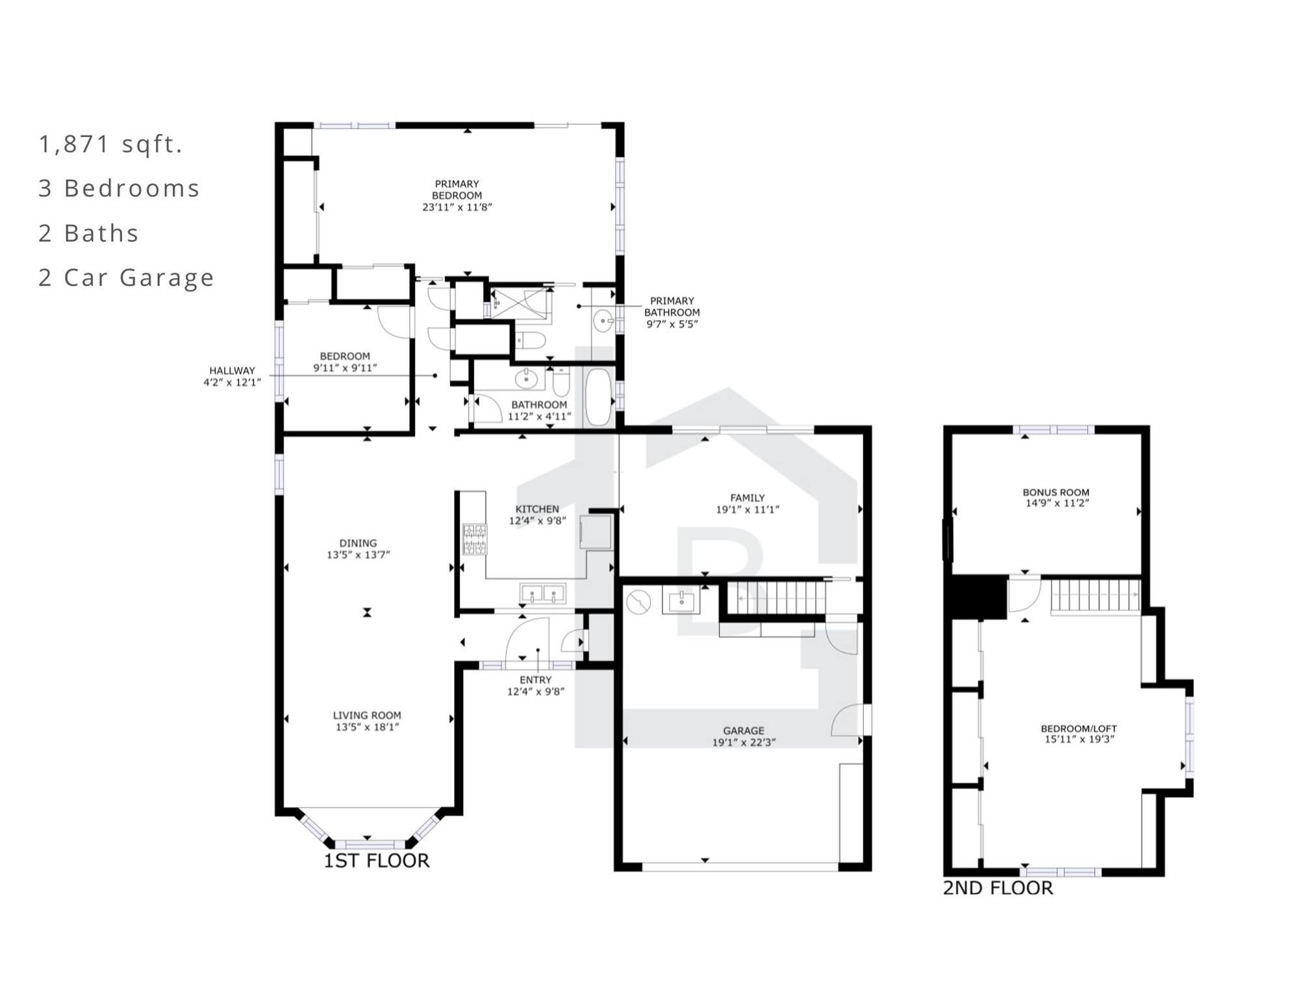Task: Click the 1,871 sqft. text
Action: (x=110, y=144)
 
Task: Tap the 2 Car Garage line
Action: (x=126, y=278)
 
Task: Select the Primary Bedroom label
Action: (x=457, y=190)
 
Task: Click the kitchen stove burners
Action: (x=474, y=539)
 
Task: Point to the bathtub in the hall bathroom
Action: (x=598, y=397)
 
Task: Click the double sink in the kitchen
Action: (x=542, y=593)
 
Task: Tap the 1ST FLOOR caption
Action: (x=377, y=861)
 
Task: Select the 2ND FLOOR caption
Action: (x=998, y=887)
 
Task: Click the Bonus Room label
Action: (x=1056, y=493)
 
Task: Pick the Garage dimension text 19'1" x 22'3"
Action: (x=744, y=742)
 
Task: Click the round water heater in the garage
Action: (x=638, y=602)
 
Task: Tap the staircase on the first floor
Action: (x=776, y=597)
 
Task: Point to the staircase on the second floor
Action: (x=1095, y=595)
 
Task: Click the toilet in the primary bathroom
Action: (x=530, y=340)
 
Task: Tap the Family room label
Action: (x=747, y=498)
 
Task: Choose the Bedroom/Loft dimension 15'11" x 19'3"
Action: (x=1079, y=739)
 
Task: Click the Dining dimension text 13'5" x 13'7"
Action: (x=358, y=555)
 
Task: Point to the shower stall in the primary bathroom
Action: (x=521, y=303)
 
